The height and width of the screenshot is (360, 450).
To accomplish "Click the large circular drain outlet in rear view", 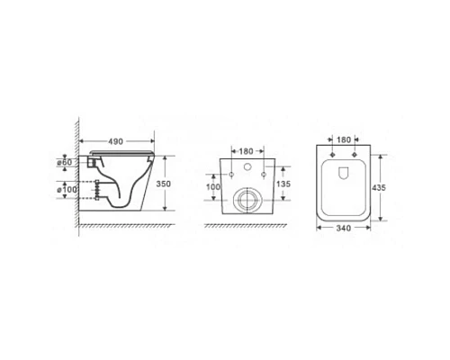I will click(247, 201).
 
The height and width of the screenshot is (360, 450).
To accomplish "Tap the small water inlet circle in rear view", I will click(247, 172).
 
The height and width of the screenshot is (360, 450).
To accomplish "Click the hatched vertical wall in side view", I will click(82, 180).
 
